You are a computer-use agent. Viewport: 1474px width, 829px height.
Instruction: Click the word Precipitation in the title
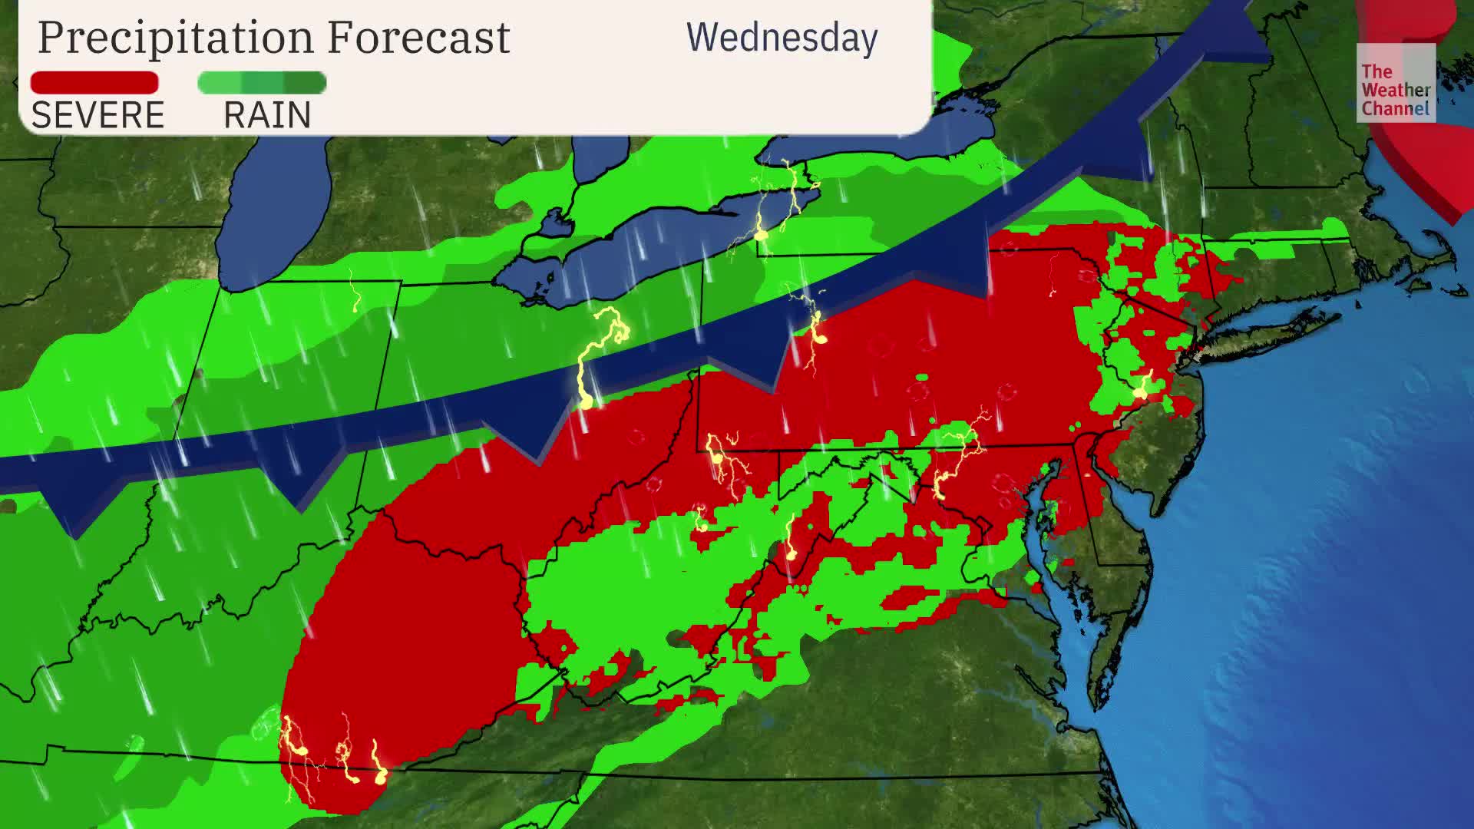point(176,37)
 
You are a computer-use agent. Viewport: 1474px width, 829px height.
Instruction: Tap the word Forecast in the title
point(418,37)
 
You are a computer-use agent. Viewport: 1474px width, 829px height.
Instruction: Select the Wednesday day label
point(782,38)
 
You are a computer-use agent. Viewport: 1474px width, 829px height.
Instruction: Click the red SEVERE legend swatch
point(94,82)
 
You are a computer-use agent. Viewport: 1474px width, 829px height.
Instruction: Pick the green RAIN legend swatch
point(262,82)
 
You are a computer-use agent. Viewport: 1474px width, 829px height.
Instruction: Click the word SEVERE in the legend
point(97,116)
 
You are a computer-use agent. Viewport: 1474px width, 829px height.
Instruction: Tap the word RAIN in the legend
point(267,116)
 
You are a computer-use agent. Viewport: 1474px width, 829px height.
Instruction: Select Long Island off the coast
point(1267,330)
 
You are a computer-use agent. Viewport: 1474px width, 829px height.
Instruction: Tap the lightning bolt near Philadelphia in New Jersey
point(1142,388)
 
